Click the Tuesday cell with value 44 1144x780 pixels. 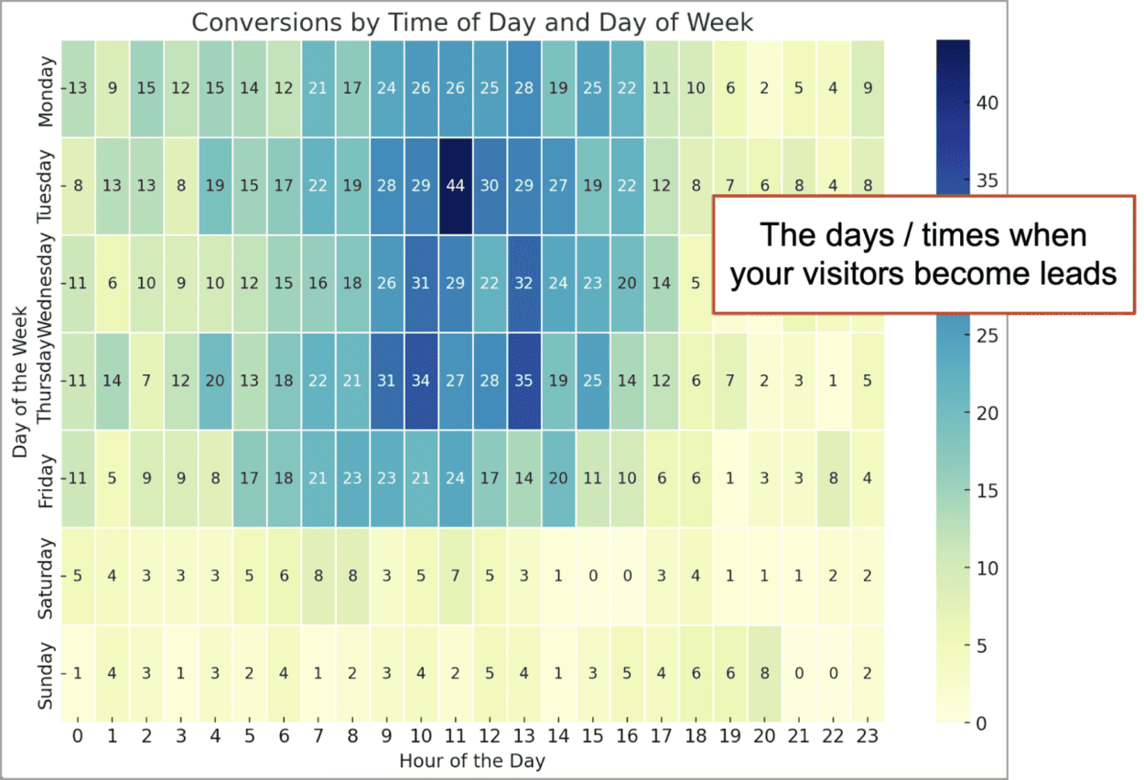tap(455, 186)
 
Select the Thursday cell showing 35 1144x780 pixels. tap(523, 381)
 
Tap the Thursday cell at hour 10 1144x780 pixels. tap(421, 381)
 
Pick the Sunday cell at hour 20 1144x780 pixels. tap(764, 673)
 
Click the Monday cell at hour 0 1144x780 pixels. tap(78, 89)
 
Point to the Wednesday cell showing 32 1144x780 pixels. tap(523, 284)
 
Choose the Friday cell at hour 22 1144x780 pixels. tap(832, 478)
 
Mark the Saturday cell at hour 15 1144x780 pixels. tap(592, 576)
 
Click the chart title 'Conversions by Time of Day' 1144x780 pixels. tap(472, 23)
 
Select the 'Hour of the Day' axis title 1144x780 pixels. tap(472, 762)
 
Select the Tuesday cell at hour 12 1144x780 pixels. tap(490, 186)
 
